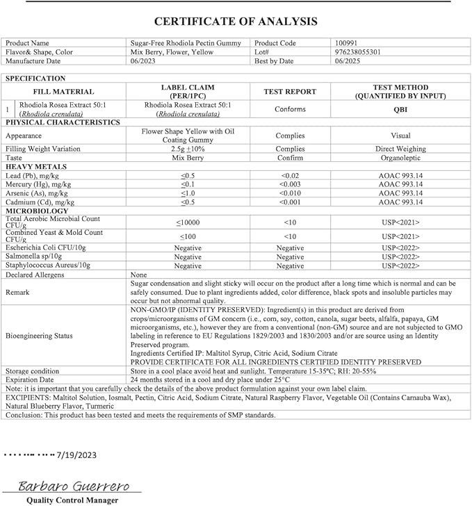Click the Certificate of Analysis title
tap(236, 22)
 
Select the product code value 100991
tap(348, 43)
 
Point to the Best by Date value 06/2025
tap(348, 61)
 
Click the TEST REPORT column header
tap(290, 92)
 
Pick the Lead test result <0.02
tap(290, 176)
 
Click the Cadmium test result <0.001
tap(290, 202)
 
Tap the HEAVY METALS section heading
tap(36, 167)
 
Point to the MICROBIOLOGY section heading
tap(37, 211)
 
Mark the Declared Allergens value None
tap(140, 275)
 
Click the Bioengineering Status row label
tap(39, 336)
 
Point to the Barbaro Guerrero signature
tap(68, 486)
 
